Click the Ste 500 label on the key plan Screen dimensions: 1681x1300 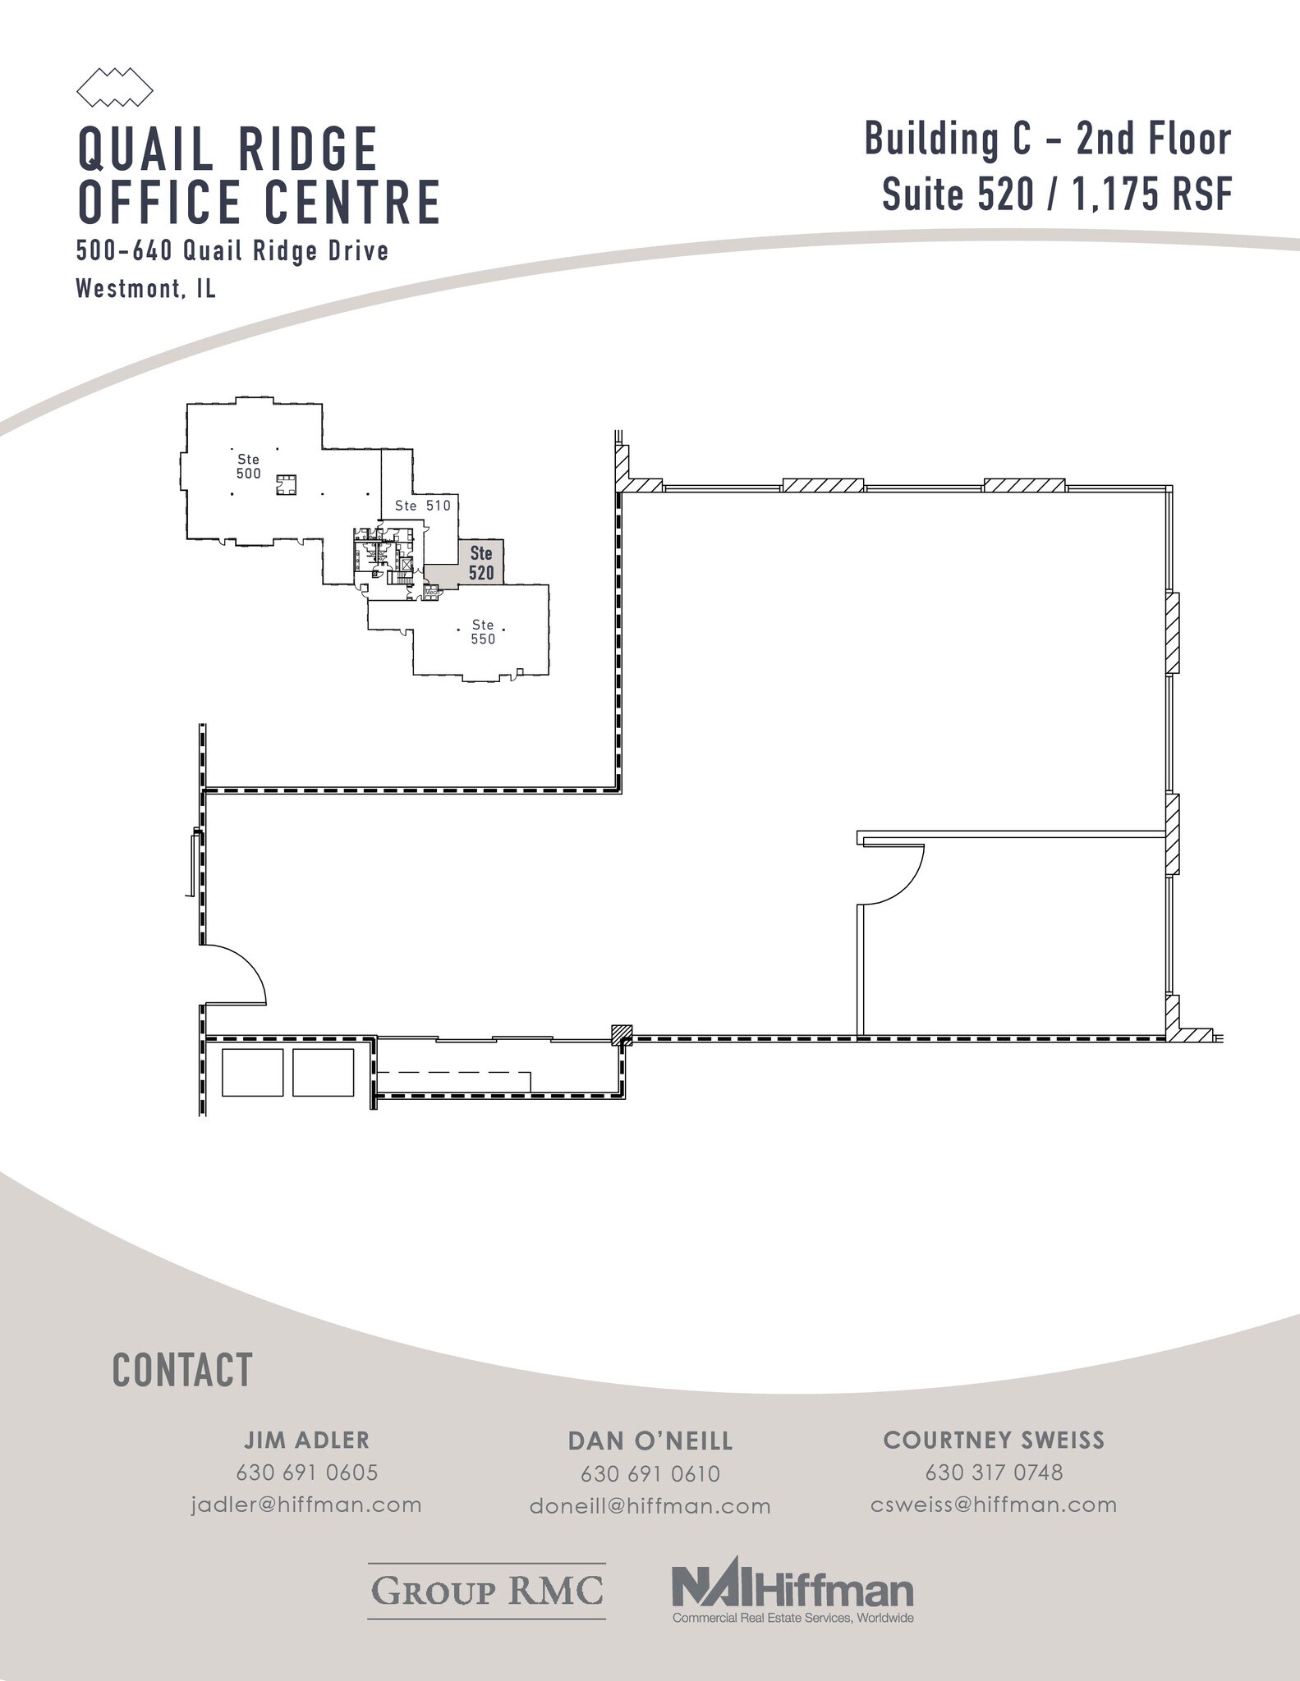(248, 466)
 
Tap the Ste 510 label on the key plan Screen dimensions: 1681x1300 (423, 506)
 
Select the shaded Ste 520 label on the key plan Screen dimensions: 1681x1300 (481, 563)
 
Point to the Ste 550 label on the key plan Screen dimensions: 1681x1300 (483, 632)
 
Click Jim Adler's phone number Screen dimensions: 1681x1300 (307, 1473)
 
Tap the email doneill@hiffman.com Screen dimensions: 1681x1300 (650, 1506)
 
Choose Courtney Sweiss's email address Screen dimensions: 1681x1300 (994, 1505)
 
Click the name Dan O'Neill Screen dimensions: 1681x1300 (650, 1441)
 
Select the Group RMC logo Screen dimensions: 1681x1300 (487, 1590)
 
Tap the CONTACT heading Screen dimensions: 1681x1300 (182, 1370)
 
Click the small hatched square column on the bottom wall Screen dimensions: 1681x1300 (622, 1034)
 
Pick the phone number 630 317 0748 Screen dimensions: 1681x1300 (994, 1473)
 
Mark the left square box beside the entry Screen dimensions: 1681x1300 (252, 1072)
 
